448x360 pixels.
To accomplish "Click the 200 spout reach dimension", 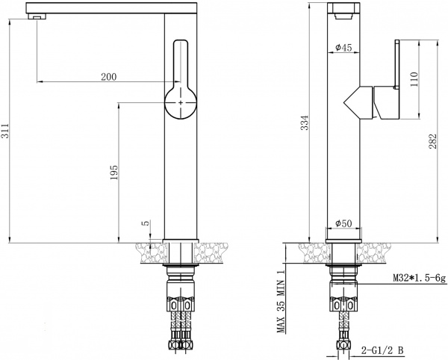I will click(109, 77).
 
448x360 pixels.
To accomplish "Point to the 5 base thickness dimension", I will click(146, 223).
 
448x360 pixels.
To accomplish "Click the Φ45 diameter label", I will click(344, 48).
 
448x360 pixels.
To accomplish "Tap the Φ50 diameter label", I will click(344, 223).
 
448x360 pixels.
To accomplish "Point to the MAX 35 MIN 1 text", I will click(282, 302).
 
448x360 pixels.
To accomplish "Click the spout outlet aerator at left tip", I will click(32, 16).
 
